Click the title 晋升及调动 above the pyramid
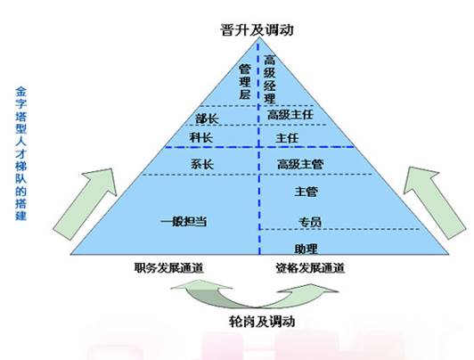[257, 30]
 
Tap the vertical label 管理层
[245, 82]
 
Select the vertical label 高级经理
[270, 79]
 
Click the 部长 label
[207, 119]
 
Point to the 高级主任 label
[290, 115]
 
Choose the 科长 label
[201, 138]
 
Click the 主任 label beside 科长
[287, 138]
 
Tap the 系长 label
[202, 165]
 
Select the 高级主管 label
[300, 165]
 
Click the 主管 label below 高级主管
[306, 192]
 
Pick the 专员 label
[310, 222]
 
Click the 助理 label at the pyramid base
[306, 249]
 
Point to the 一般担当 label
[184, 222]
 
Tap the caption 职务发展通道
[169, 268]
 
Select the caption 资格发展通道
[310, 268]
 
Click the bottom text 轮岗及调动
[262, 321]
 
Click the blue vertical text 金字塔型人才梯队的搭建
[20, 154]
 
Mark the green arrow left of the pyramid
[85, 204]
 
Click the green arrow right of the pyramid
[435, 202]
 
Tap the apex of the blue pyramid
[258, 38]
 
